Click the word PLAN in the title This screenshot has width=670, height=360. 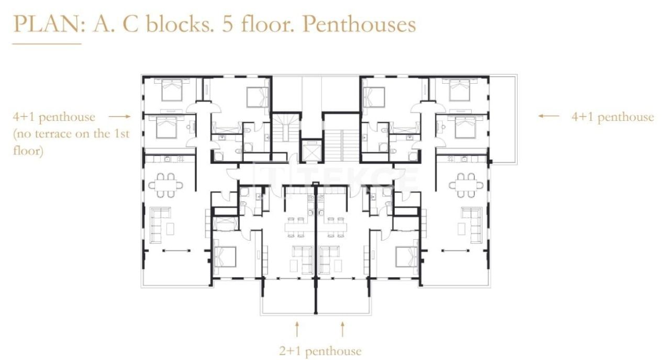point(47,24)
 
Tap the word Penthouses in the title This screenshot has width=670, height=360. point(359,24)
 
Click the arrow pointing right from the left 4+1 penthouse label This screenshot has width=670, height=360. point(119,117)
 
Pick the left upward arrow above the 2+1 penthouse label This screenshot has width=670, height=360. point(297,329)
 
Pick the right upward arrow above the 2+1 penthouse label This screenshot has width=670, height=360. point(342,329)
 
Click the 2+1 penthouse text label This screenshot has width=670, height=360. point(320,351)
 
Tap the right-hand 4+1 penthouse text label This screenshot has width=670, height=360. point(612,117)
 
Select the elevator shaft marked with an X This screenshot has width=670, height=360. point(312,151)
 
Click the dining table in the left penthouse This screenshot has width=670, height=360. point(165,185)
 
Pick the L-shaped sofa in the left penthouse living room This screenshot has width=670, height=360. point(160,224)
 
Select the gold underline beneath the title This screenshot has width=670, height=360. point(47,44)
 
